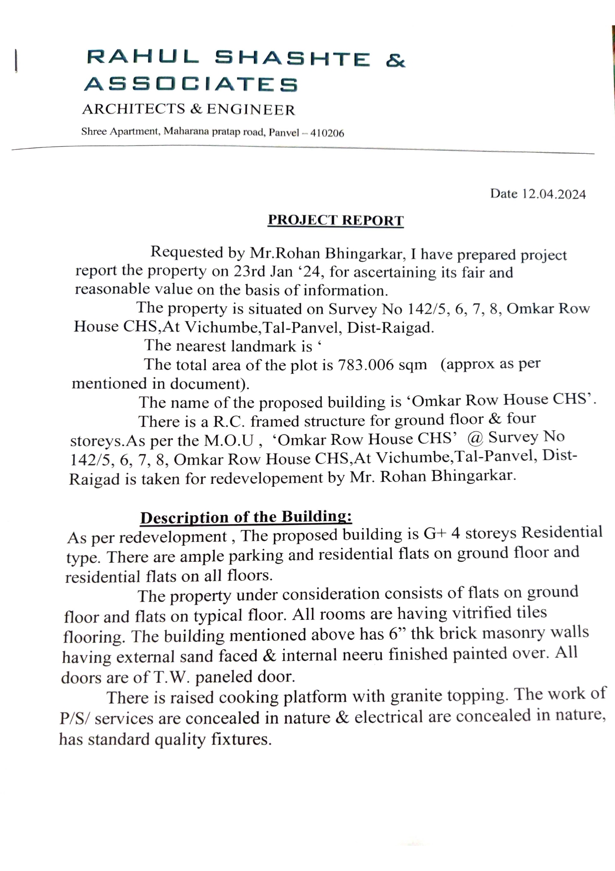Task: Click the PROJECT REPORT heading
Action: click(x=336, y=220)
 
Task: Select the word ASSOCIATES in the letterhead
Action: click(x=191, y=84)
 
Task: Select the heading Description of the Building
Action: click(x=246, y=517)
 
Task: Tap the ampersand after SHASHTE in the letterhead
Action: click(x=395, y=61)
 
